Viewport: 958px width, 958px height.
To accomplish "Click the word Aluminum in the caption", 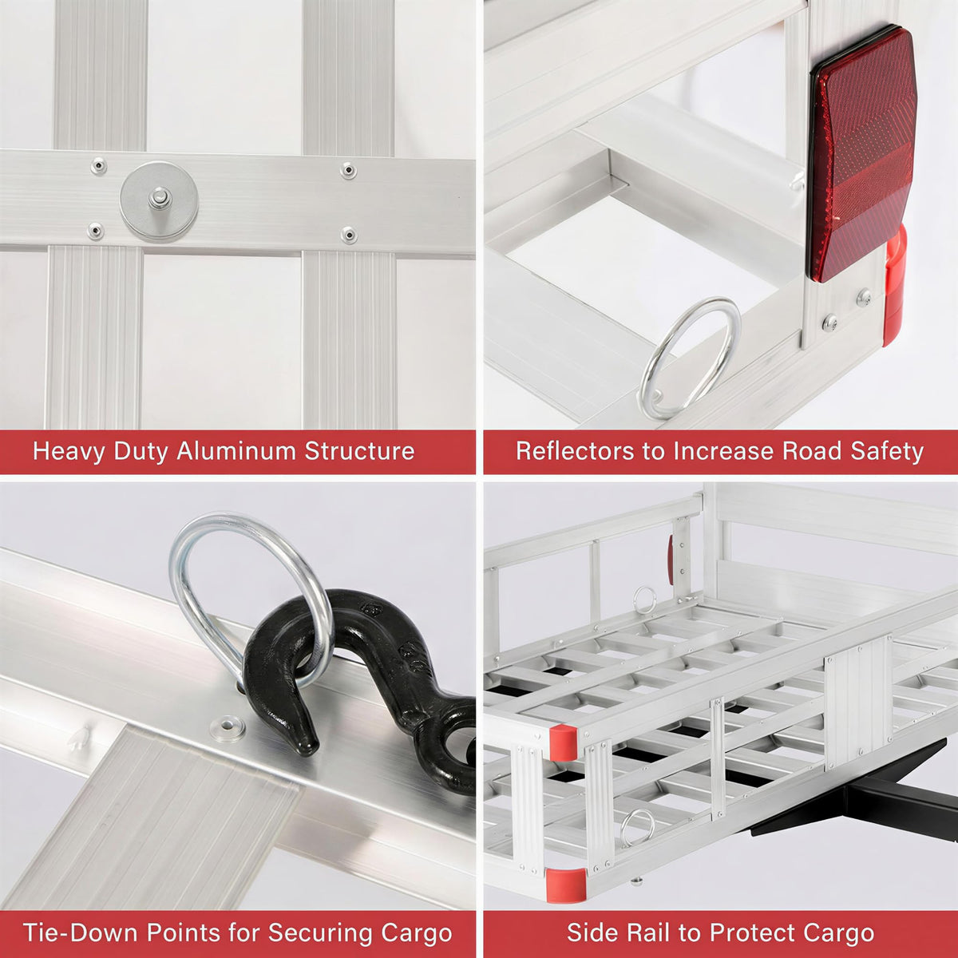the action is pyautogui.click(x=236, y=451).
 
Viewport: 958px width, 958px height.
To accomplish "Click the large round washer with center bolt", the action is pyautogui.click(x=159, y=202).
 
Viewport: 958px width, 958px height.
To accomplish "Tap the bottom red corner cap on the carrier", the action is pyautogui.click(x=566, y=885).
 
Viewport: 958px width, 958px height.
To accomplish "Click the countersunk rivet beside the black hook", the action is pyautogui.click(x=228, y=727).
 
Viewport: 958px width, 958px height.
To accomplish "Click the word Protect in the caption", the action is pyautogui.click(x=760, y=932).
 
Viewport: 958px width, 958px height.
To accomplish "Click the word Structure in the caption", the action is pyautogui.click(x=359, y=451).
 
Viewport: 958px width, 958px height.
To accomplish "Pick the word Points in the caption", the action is pyautogui.click(x=179, y=932).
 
